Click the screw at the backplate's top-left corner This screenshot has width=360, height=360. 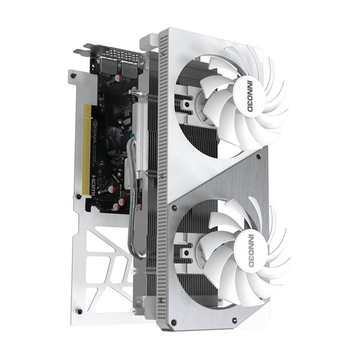73,75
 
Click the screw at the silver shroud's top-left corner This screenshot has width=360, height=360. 174,208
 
